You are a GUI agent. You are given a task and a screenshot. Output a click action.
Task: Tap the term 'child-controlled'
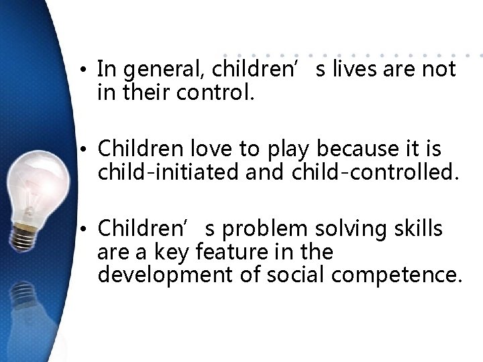tap(376, 173)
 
